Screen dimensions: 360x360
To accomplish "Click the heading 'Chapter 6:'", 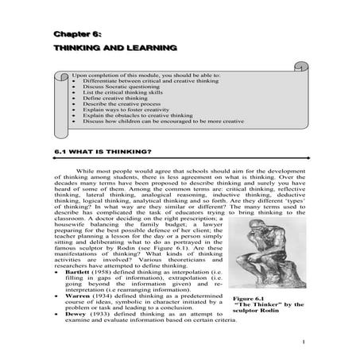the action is (77, 35).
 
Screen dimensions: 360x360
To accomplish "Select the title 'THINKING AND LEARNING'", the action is (114, 49).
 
